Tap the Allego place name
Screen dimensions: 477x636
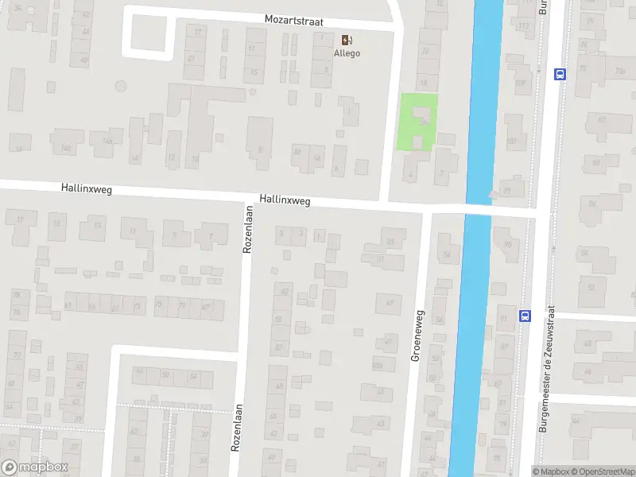click(347, 53)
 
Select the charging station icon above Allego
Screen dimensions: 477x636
click(347, 39)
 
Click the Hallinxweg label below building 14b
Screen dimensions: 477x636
click(85, 188)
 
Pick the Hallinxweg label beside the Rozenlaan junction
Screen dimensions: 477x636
click(284, 201)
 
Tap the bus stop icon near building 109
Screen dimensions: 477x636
click(560, 74)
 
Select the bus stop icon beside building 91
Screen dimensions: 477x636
click(525, 316)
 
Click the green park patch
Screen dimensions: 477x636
click(417, 122)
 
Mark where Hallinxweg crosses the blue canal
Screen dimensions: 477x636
click(477, 210)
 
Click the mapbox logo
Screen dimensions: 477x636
click(35, 467)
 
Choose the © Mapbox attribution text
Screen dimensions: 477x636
click(552, 471)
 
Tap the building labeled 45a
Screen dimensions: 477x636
click(377, 366)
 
